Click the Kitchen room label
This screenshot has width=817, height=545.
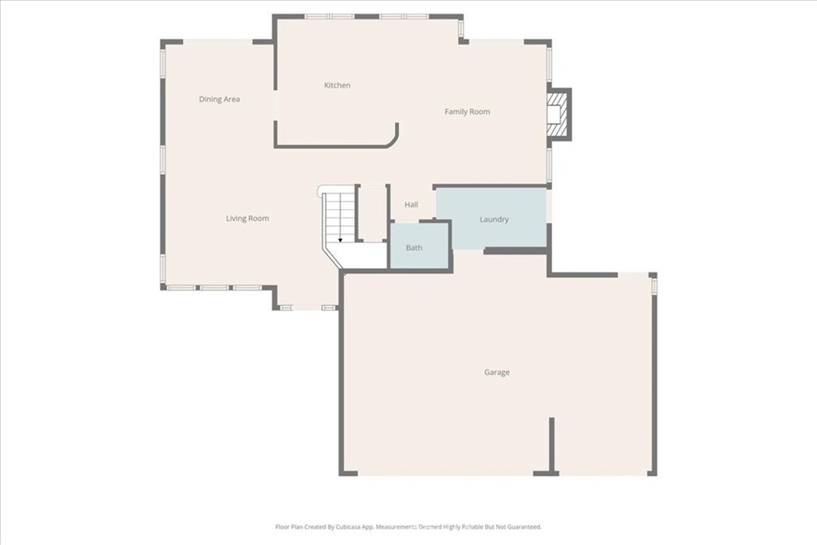(337, 85)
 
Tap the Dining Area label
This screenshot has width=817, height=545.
(219, 100)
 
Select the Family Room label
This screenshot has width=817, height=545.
(467, 112)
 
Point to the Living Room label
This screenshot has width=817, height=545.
(247, 219)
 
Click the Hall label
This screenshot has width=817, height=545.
(411, 205)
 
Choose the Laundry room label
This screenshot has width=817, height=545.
(494, 219)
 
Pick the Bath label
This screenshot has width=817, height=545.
(414, 248)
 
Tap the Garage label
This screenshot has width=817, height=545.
(496, 373)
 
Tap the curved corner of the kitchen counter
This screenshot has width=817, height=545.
(392, 140)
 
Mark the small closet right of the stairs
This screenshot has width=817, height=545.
(372, 212)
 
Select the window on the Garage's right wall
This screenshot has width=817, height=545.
(653, 284)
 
